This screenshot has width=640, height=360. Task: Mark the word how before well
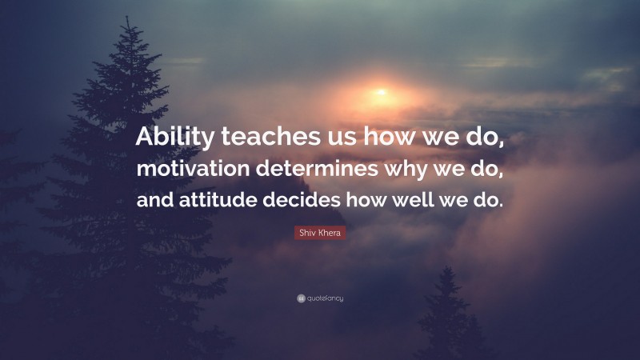(370, 200)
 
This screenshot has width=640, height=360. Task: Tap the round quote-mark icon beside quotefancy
(300, 298)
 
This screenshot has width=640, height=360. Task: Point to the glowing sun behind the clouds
(381, 93)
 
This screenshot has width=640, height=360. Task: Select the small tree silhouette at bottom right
(449, 316)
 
